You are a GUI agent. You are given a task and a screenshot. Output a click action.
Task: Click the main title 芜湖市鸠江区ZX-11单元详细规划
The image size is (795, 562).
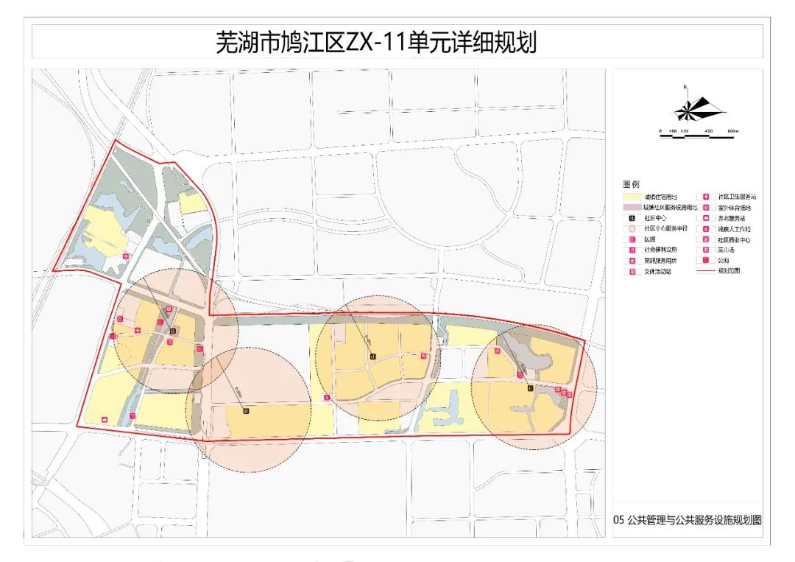coord(376,43)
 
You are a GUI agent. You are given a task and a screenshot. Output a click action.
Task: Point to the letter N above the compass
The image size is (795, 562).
coord(685,88)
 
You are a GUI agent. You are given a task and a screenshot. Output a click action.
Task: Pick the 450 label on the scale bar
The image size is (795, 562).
coord(709,131)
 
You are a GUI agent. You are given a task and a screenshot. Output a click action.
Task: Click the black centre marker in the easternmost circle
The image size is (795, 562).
coord(529,387)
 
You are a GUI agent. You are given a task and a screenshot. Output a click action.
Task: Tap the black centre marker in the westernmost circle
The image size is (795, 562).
coord(172,331)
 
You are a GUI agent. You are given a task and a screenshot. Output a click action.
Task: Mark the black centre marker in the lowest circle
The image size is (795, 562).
coord(245,411)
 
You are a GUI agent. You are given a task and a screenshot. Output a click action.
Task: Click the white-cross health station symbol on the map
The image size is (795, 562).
coord(138,331)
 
